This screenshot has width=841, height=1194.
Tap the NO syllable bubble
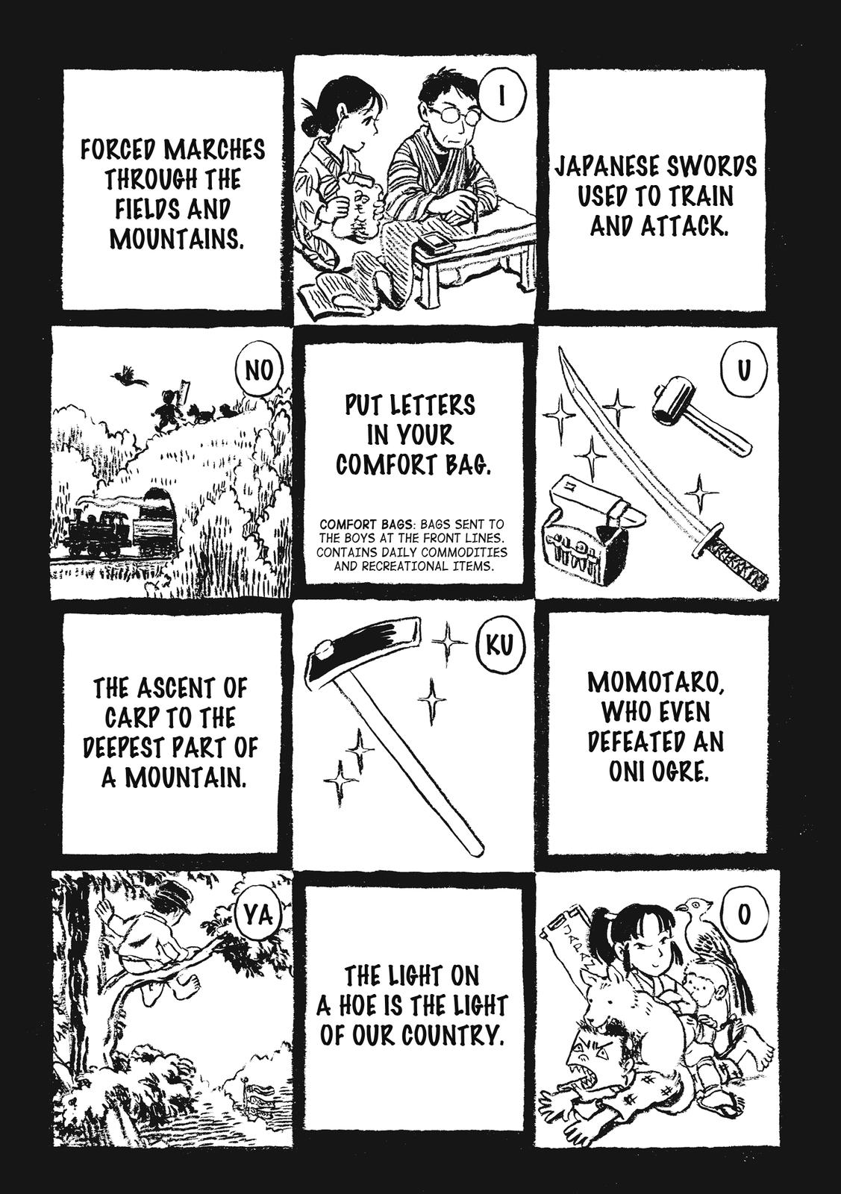[258, 370]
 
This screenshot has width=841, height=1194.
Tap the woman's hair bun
[310, 127]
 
